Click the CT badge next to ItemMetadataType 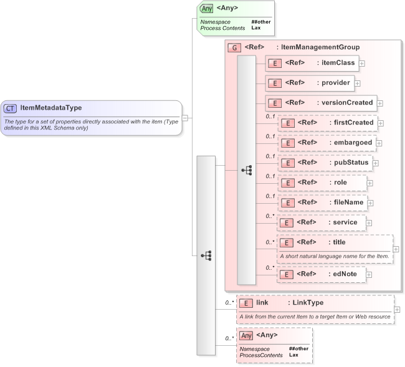pyautogui.click(x=11, y=108)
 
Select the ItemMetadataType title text pyautogui.click(x=50, y=108)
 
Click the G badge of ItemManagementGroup pyautogui.click(x=234, y=47)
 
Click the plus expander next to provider pyautogui.click(x=358, y=83)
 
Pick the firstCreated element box pyautogui.click(x=327, y=123)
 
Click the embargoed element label pyautogui.click(x=351, y=143)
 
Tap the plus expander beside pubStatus pyautogui.click(x=376, y=163)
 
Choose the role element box pyautogui.click(x=322, y=183)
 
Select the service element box pyautogui.click(x=321, y=222)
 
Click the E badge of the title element pyautogui.click(x=287, y=243)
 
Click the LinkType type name pyautogui.click(x=308, y=303)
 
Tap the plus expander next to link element pyautogui.click(x=398, y=310)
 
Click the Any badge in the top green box pyautogui.click(x=207, y=9)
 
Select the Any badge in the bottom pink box pyautogui.click(x=247, y=336)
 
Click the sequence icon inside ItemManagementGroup pyautogui.click(x=247, y=170)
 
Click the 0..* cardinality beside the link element pyautogui.click(x=229, y=303)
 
